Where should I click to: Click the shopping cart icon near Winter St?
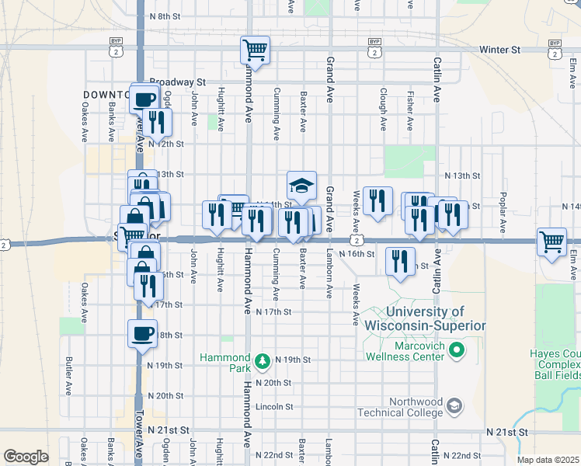(x=255, y=50)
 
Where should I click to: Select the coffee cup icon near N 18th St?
(x=143, y=334)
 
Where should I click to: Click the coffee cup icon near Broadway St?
(x=145, y=99)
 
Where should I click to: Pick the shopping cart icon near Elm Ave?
(x=551, y=241)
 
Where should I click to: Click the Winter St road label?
(x=499, y=50)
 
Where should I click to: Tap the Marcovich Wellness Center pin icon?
(x=457, y=350)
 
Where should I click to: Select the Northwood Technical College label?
(x=403, y=406)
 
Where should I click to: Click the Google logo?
(x=25, y=457)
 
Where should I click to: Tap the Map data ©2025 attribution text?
(x=548, y=460)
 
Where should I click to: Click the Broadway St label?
(x=176, y=82)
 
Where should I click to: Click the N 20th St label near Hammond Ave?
(x=277, y=383)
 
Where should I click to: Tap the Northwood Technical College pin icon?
(x=455, y=406)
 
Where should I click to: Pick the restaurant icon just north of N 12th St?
(x=157, y=122)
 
